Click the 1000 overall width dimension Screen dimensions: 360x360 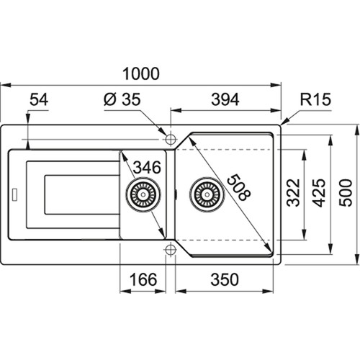[x=141, y=73]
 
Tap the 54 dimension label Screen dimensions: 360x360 [x=39, y=99]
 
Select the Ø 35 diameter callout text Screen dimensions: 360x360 [x=122, y=99]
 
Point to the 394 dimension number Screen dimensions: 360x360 [x=225, y=99]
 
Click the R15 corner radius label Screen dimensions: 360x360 [x=315, y=99]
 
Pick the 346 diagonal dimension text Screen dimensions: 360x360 [x=147, y=167]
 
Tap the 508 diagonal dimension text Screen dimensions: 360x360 [x=238, y=187]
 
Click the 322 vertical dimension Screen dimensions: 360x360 [x=294, y=193]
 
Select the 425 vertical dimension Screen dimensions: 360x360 [x=319, y=193]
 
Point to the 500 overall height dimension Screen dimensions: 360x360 [x=346, y=193]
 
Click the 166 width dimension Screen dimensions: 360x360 [x=143, y=279]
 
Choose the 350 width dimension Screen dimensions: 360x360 [x=225, y=279]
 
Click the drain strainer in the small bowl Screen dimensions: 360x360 [x=143, y=194]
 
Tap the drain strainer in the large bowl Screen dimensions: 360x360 [x=207, y=194]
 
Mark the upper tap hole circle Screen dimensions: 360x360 [x=171, y=139]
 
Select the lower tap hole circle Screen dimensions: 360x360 [x=171, y=250]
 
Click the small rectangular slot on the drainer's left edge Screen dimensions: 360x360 [x=14, y=194]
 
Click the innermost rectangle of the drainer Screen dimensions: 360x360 [x=82, y=194]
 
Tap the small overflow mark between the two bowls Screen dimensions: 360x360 [x=176, y=194]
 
